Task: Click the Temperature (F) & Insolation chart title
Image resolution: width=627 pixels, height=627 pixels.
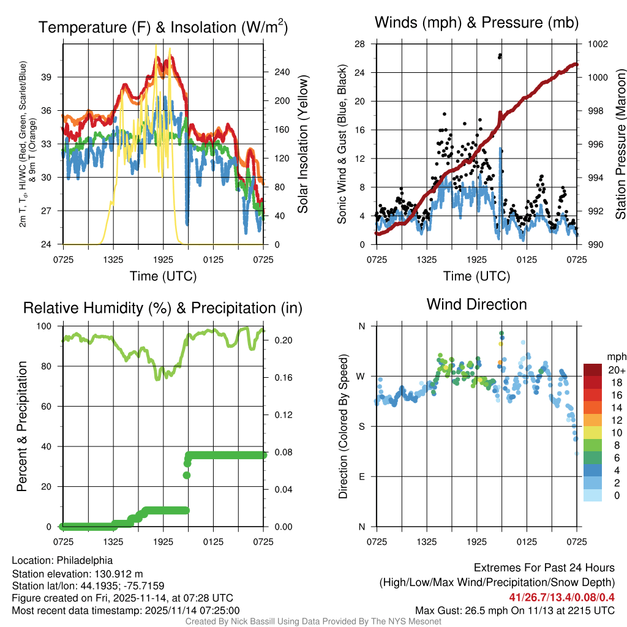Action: (x=163, y=28)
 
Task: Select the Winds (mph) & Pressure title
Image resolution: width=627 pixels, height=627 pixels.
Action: (x=476, y=23)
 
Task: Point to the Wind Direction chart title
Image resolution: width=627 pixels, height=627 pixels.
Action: (x=476, y=304)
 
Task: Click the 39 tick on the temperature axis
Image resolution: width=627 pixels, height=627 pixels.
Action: (x=53, y=77)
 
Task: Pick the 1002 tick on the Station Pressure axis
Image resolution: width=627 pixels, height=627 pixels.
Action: (x=597, y=44)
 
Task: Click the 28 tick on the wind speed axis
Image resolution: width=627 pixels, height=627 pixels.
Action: (x=360, y=44)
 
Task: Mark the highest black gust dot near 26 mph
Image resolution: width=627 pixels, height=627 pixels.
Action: (x=500, y=55)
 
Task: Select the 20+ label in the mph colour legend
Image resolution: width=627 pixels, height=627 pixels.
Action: (x=616, y=370)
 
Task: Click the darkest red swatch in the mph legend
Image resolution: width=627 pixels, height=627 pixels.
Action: (x=593, y=370)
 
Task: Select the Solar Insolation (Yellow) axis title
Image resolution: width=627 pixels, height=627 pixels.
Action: (x=302, y=145)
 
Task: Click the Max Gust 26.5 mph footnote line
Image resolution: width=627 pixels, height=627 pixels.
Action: (x=514, y=610)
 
